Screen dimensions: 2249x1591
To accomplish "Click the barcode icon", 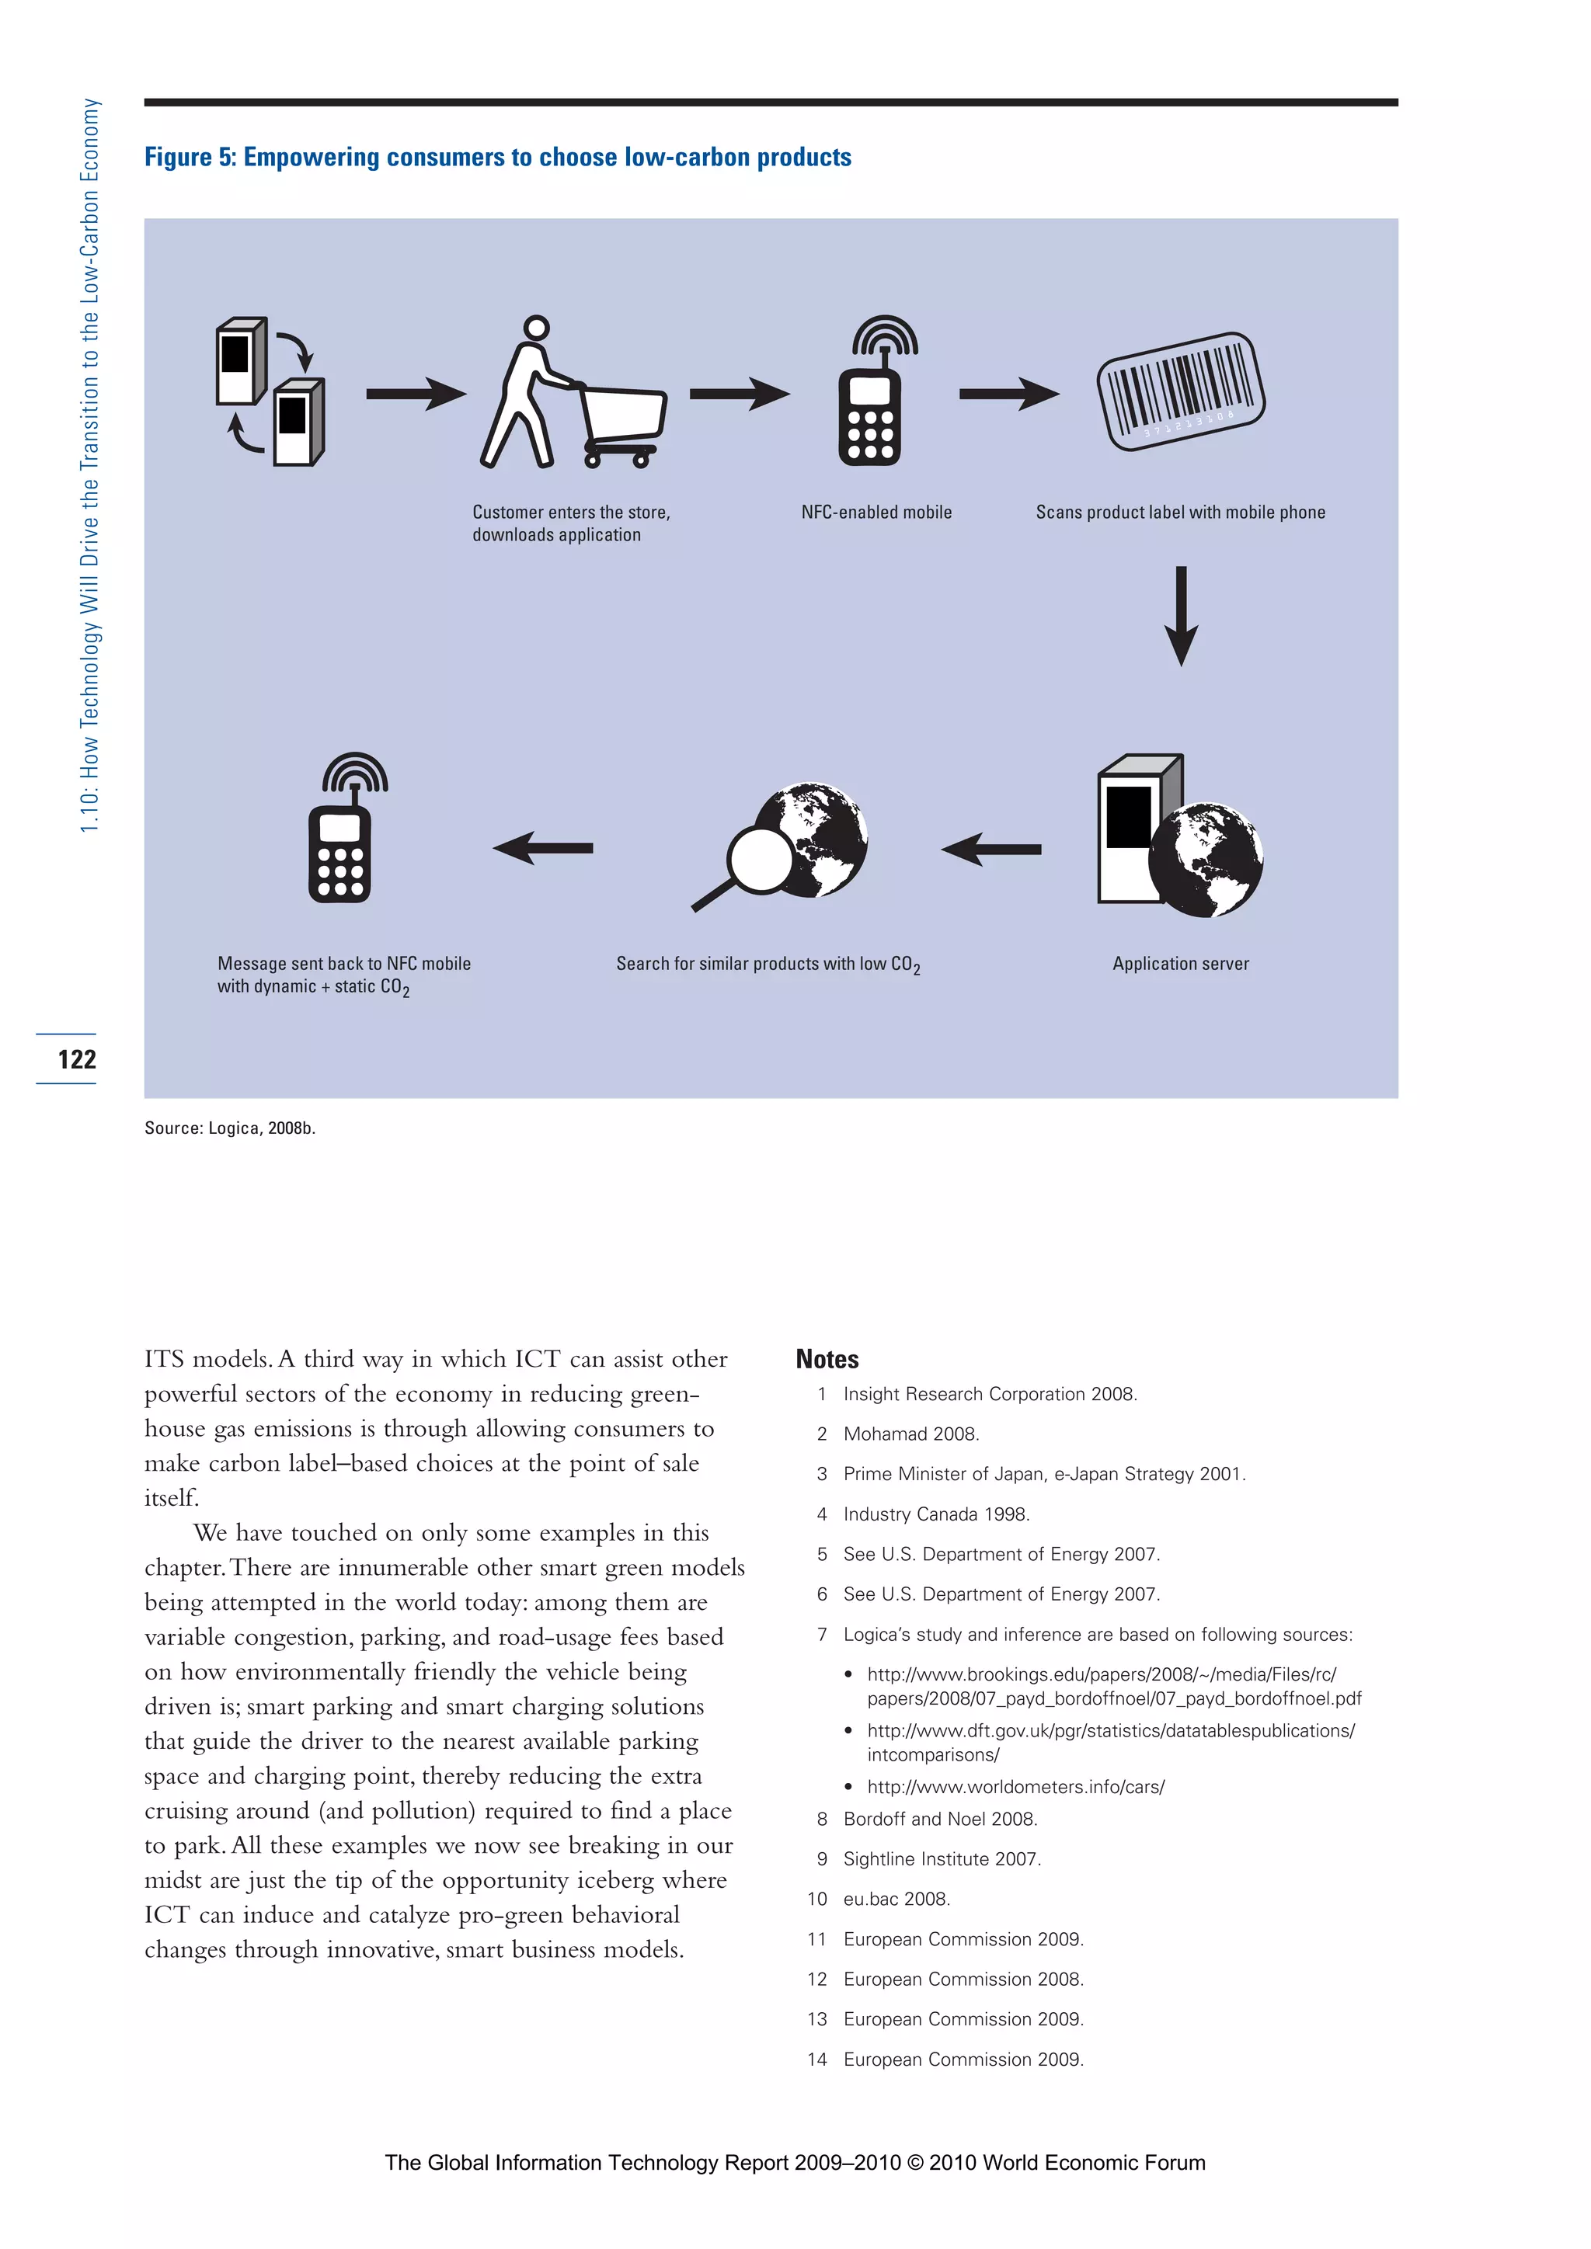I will click(1181, 392).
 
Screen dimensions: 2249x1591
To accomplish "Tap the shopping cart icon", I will click(623, 423).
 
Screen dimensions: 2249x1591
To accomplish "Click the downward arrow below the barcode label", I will click(1181, 616).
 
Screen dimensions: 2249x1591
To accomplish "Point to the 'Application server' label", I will click(1181, 964).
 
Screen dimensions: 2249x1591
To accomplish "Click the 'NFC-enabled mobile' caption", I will click(876, 513).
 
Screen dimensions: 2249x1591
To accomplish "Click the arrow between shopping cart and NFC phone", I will click(740, 394).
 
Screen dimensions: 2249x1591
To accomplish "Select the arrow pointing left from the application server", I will click(991, 850).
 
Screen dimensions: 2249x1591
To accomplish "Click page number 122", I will click(76, 1058).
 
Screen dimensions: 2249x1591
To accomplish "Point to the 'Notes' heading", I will click(827, 1360).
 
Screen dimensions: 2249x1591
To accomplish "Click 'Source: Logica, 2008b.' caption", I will click(230, 1128).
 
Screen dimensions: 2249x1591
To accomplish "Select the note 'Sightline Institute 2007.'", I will click(942, 1859).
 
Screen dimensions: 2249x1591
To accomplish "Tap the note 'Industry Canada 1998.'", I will click(935, 1514).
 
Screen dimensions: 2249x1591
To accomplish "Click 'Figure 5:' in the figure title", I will click(190, 158).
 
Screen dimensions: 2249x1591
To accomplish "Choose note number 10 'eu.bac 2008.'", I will click(896, 1900).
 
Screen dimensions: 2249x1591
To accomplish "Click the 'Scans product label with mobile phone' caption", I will click(1181, 513).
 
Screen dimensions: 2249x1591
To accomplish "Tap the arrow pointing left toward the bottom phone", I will click(543, 848).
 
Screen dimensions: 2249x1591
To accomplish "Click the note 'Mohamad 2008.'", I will click(911, 1434).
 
